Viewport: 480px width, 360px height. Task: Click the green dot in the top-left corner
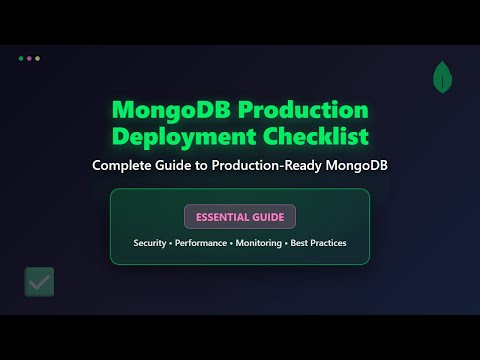click(21, 58)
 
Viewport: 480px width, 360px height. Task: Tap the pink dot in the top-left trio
click(30, 58)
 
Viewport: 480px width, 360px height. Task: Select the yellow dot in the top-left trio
click(38, 58)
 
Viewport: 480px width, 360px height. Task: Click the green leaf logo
click(441, 76)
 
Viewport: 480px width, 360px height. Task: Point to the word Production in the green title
click(311, 110)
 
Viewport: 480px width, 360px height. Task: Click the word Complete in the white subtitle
click(127, 165)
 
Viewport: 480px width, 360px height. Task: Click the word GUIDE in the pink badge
click(270, 217)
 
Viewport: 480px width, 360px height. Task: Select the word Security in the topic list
click(150, 244)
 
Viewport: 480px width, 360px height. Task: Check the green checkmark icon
click(40, 282)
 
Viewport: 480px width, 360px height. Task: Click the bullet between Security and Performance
click(171, 244)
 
